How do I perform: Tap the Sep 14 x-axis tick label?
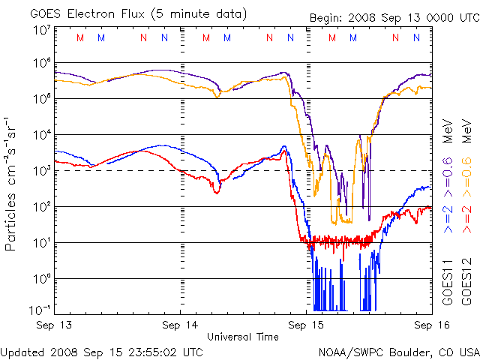pos(180,325)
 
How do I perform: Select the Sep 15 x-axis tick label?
pos(306,325)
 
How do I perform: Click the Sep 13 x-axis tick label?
pos(54,325)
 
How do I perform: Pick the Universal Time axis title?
pos(242,337)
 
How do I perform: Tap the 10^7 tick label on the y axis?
pos(41,29)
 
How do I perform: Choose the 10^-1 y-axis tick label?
pos(40,309)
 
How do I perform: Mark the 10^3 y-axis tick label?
pos(41,170)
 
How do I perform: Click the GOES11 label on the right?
pos(447,283)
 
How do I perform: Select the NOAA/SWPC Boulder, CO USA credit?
pos(398,351)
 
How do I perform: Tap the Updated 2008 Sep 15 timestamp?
pos(101,351)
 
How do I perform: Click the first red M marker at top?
pos(80,37)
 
